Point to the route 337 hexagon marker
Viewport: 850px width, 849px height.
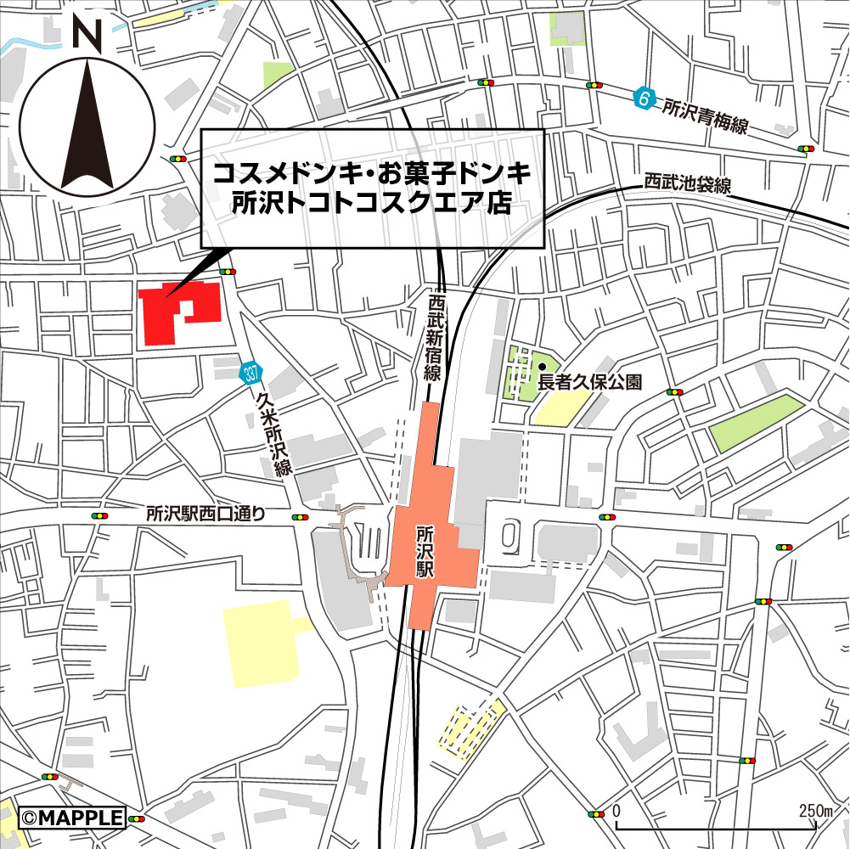pos(250,372)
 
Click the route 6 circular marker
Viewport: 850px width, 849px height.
pos(645,100)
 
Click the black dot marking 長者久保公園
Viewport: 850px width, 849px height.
pos(541,367)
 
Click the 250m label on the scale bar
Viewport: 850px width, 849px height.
pos(817,811)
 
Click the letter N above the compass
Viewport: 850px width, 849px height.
pos(86,33)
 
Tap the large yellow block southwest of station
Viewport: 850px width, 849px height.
pos(262,642)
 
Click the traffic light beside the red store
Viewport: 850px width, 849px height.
pos(227,272)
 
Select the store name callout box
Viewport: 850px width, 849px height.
pos(371,188)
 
